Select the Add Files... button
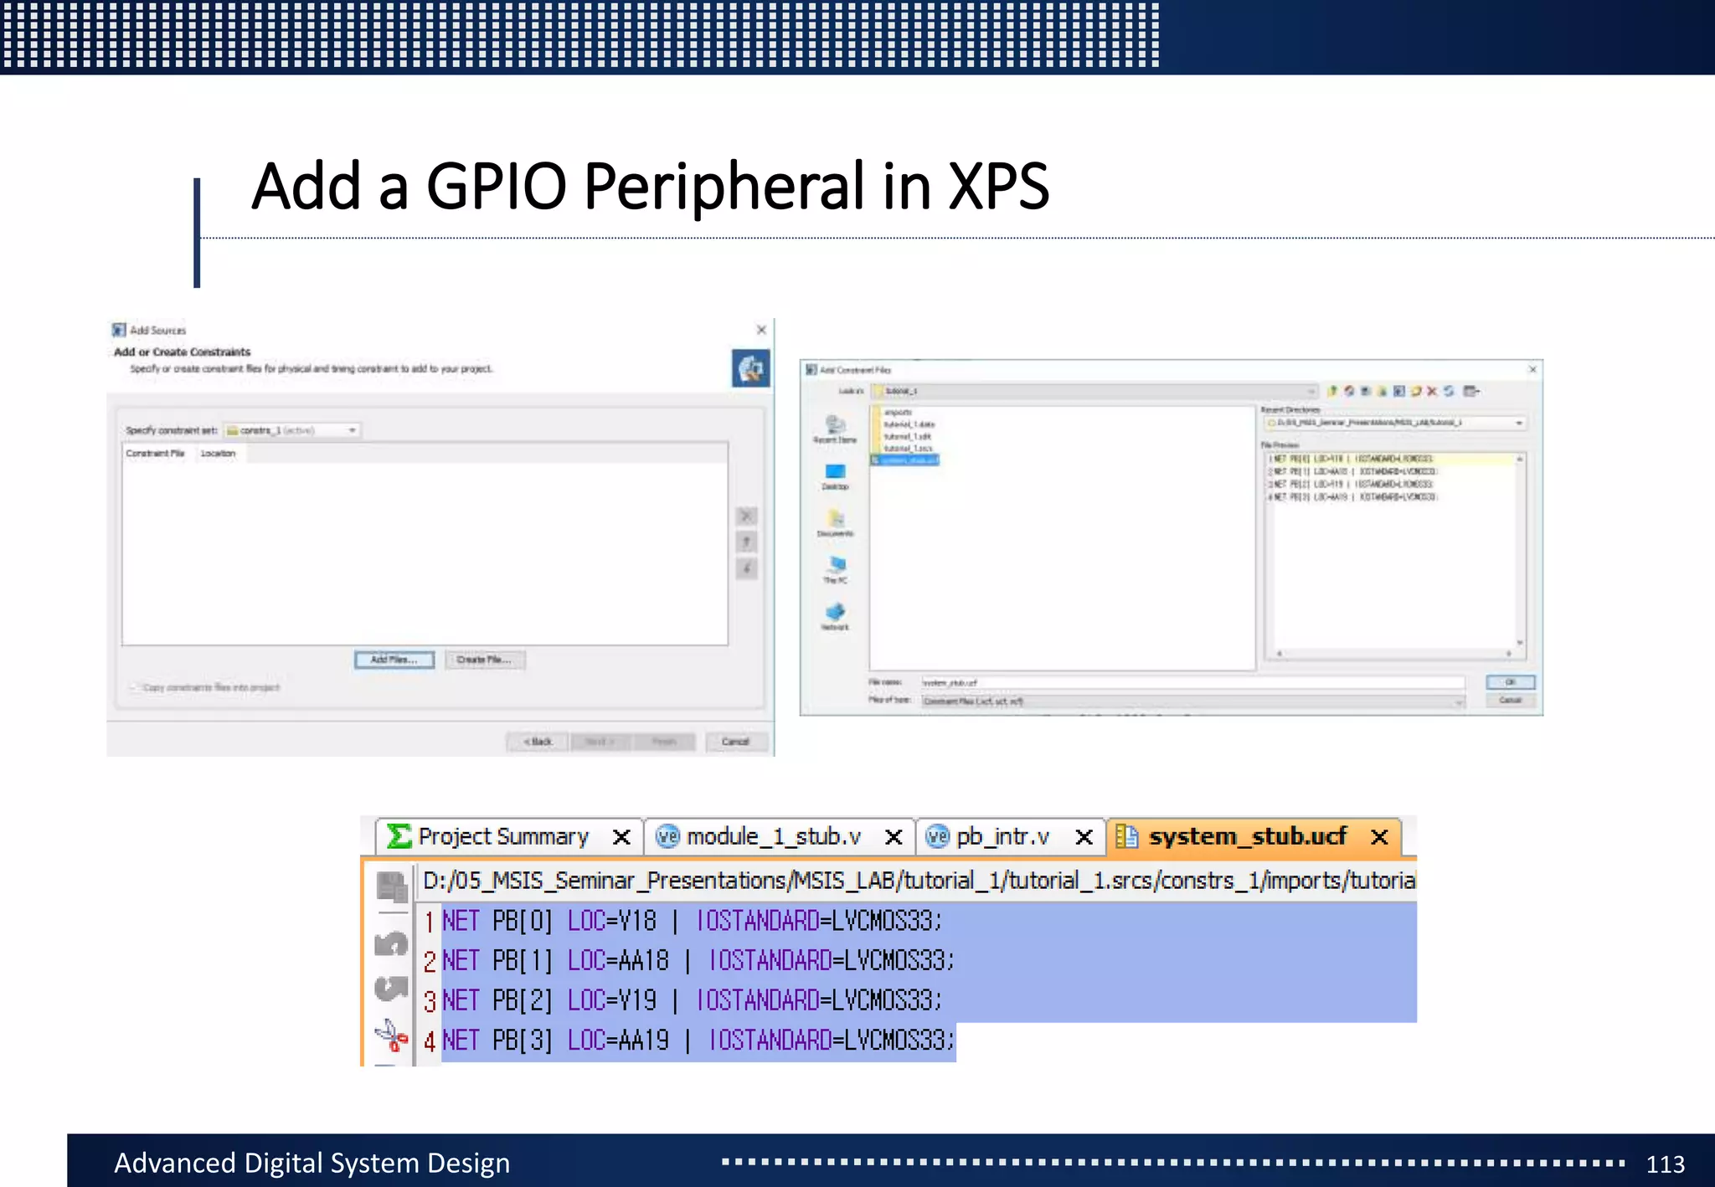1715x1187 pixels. coord(394,660)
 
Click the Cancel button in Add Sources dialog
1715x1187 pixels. coord(734,742)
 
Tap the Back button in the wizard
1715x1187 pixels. coord(538,742)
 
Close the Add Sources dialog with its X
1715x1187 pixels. coord(761,330)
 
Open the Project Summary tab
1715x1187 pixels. coord(502,836)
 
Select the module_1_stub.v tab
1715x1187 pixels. coord(772,836)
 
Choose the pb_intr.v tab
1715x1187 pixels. coord(1002,836)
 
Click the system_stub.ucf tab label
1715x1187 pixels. coord(1247,836)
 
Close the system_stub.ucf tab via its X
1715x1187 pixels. coord(1380,836)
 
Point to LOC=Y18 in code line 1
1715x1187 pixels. coord(611,921)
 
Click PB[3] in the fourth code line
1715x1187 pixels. coord(522,1041)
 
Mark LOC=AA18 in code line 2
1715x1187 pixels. coord(618,960)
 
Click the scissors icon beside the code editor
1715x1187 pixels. coord(391,1035)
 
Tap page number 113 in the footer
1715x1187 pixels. coord(1665,1164)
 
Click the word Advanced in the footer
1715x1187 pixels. coord(174,1164)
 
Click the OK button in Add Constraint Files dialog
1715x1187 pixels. coord(1510,682)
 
